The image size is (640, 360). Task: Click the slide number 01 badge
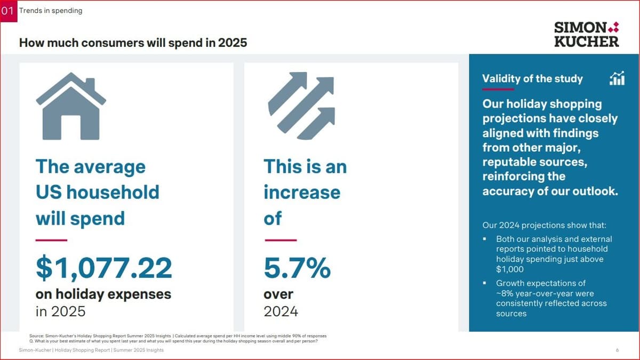(9, 11)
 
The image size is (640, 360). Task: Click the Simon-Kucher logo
(586, 34)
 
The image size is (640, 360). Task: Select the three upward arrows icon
(301, 106)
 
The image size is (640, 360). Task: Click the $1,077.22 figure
(104, 268)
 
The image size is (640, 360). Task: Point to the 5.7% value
(297, 268)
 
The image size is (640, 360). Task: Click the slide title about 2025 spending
(133, 43)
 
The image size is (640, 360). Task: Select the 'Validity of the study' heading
(532, 79)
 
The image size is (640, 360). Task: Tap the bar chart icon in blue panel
(617, 78)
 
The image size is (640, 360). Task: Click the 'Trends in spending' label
(51, 11)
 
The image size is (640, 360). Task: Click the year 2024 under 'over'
(281, 311)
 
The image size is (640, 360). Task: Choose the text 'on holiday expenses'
(103, 294)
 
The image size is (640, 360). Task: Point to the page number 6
(617, 350)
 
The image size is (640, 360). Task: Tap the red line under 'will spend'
(51, 241)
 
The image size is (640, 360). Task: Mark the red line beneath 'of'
(280, 241)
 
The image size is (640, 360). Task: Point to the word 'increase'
(302, 192)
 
